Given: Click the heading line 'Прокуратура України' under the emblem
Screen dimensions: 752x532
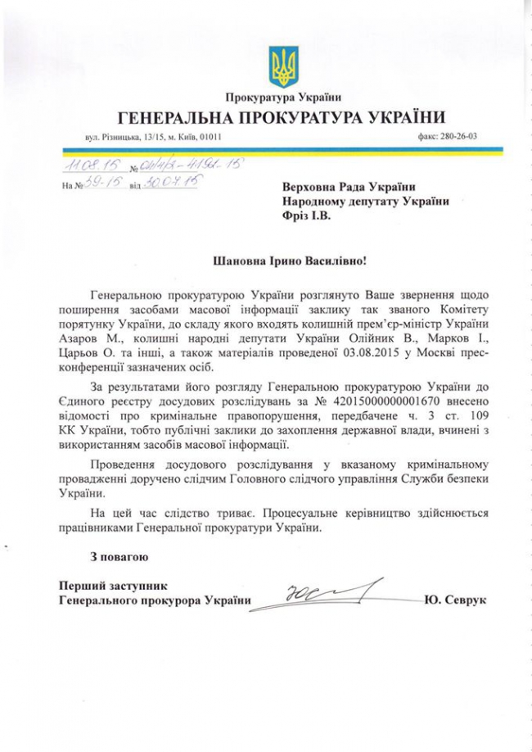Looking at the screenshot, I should (x=283, y=99).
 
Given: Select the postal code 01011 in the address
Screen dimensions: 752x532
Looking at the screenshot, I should (x=210, y=137).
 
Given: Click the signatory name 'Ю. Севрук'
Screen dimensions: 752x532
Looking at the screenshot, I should (x=456, y=601).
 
